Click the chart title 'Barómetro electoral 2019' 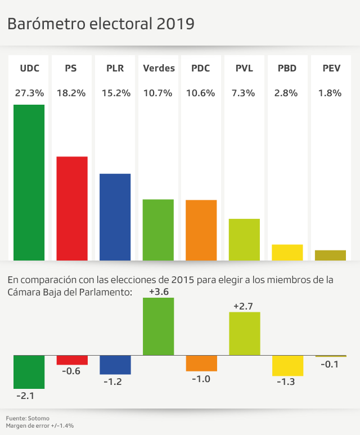[101, 24]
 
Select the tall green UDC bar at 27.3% [29, 182]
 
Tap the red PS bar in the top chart [72, 208]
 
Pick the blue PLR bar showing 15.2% [115, 217]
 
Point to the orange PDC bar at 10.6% [201, 230]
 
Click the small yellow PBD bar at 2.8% [287, 252]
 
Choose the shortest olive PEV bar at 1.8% [330, 255]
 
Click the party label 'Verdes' [159, 69]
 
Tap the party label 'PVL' [244, 69]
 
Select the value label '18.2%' [72, 93]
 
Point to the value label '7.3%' [244, 93]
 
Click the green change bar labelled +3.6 [159, 326]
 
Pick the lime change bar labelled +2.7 [244, 334]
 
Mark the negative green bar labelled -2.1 [29, 372]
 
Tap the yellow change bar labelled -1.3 [287, 365]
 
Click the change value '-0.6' [72, 371]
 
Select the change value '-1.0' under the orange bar [201, 379]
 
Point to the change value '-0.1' [330, 364]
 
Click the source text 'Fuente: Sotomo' [28, 418]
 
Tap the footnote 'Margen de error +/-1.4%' [40, 426]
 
